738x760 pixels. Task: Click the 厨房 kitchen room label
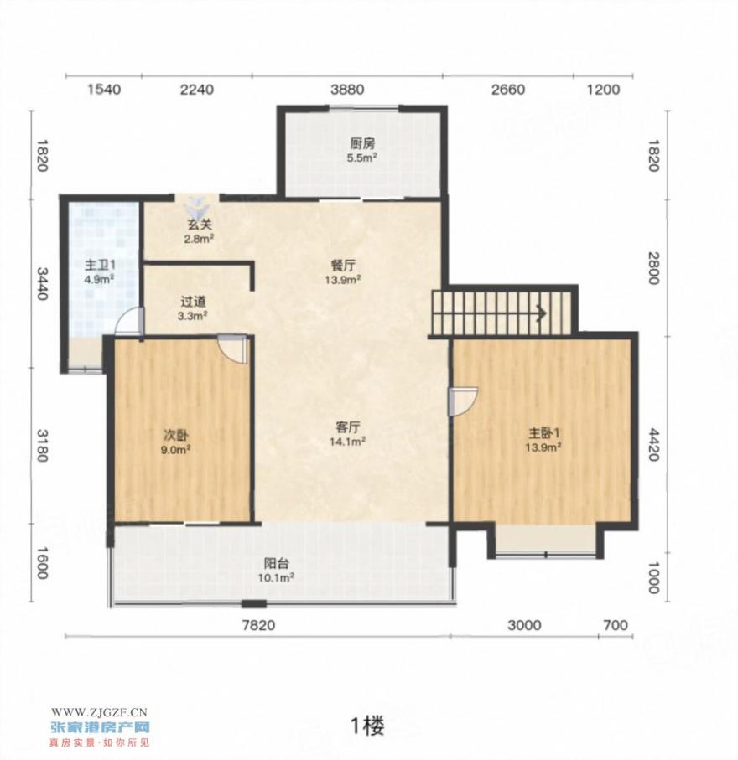click(x=362, y=143)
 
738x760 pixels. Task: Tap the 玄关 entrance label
click(x=200, y=225)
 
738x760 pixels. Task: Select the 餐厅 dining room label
click(x=343, y=266)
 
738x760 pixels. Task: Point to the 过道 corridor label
click(x=193, y=302)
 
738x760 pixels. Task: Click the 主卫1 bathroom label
click(x=100, y=265)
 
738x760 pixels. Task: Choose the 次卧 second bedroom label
click(x=175, y=435)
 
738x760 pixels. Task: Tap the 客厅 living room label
click(x=348, y=427)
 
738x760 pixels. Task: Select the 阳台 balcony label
click(x=277, y=564)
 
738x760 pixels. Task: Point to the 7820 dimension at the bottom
click(x=258, y=625)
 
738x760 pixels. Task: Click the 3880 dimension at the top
click(x=347, y=90)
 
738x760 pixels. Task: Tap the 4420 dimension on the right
click(x=653, y=444)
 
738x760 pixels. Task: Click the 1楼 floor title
click(x=367, y=726)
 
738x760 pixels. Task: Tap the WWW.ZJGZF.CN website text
click(x=99, y=712)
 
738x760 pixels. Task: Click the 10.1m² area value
click(x=276, y=577)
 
